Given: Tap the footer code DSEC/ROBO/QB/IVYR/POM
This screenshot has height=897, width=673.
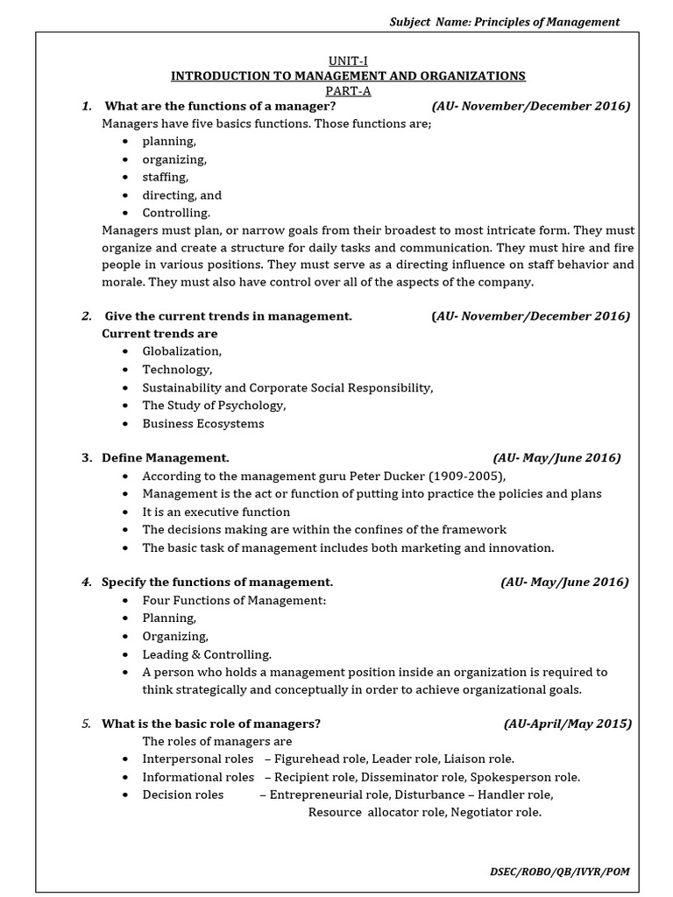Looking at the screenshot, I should click(559, 872).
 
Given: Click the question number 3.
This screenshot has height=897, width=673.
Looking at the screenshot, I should click(87, 457).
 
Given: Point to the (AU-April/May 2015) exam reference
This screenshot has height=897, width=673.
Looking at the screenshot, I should click(567, 724).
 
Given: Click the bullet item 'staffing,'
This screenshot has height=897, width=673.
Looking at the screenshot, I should click(166, 177).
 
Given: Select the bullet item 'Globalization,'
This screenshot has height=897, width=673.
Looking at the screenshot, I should click(182, 350).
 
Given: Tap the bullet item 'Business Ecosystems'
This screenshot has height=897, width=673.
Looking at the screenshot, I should click(203, 423).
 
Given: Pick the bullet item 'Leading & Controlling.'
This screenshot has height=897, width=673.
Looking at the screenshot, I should click(207, 654).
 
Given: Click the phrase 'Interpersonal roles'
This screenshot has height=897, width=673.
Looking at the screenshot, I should click(198, 759).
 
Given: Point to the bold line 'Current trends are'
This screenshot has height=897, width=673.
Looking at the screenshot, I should click(159, 333).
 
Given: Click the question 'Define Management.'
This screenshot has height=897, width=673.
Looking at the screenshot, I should click(166, 457).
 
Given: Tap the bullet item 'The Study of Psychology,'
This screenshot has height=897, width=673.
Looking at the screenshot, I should click(214, 405).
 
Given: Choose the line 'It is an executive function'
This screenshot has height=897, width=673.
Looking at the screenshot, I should click(216, 512).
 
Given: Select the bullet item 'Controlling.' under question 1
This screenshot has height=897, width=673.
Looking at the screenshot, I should click(176, 212).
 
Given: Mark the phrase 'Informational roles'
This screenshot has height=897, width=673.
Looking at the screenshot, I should click(198, 777).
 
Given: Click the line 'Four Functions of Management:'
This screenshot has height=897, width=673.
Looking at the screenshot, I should click(234, 600).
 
